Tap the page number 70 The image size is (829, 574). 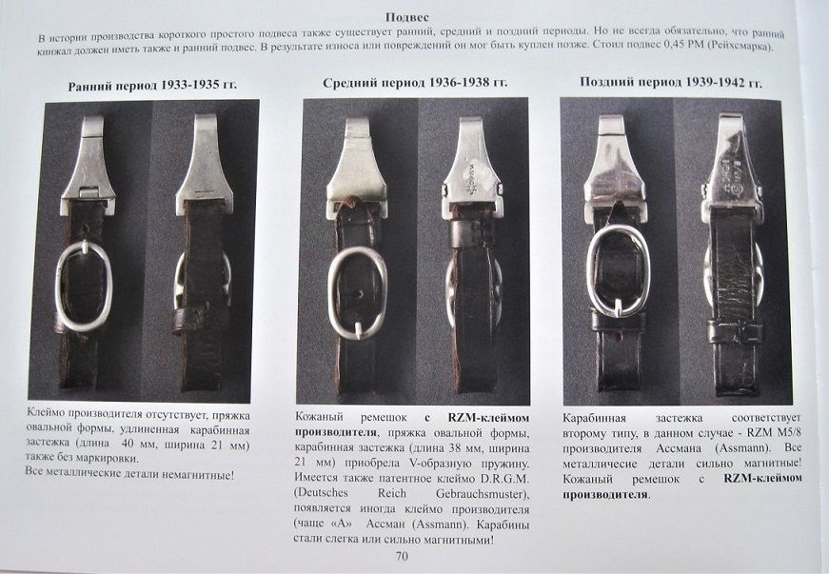[402, 556]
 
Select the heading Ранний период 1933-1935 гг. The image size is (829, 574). [152, 86]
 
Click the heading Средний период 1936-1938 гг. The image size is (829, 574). [415, 83]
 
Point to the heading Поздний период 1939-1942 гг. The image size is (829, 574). [671, 83]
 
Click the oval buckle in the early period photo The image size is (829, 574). [58, 286]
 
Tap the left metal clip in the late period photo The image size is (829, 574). [613, 161]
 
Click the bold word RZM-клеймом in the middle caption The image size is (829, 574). [488, 418]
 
